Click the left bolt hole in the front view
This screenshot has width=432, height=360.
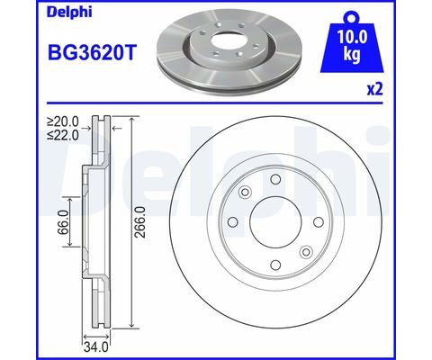pyautogui.click(x=233, y=222)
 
